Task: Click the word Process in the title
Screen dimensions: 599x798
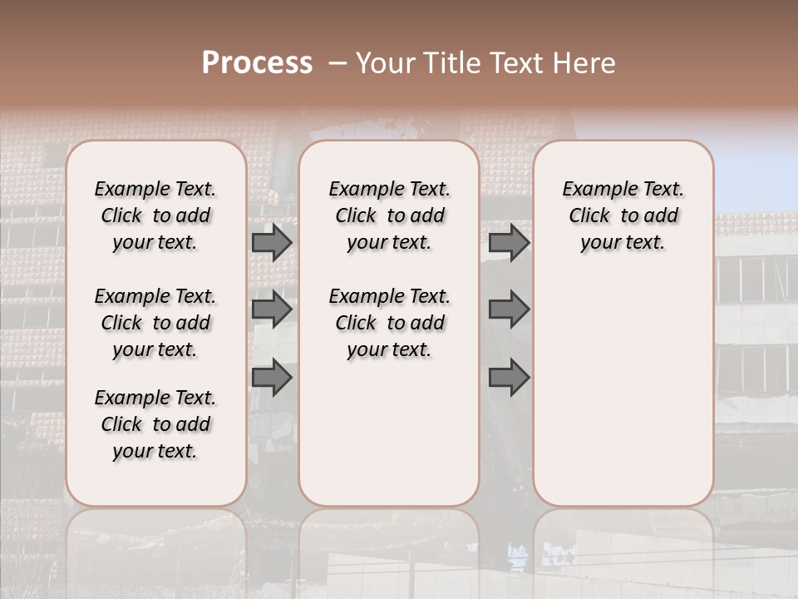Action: pos(257,63)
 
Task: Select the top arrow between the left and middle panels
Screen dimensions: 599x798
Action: pos(272,243)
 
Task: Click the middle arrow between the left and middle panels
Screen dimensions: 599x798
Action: pos(272,309)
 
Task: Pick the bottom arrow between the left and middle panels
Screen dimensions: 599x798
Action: pos(272,378)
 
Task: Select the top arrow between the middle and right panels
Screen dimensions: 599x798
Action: pos(509,243)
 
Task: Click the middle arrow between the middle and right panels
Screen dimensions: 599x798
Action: pos(509,309)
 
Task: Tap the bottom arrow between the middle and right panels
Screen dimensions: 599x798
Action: pos(509,378)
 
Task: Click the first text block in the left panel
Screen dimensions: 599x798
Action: pos(155,215)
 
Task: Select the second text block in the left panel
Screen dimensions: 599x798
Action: pos(155,323)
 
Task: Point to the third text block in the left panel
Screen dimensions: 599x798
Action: pos(155,424)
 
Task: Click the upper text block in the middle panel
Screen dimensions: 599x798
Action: pos(389,215)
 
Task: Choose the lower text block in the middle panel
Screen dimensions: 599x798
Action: pos(389,323)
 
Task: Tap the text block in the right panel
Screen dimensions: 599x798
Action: pos(623,215)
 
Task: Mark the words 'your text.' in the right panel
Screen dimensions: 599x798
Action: pos(623,243)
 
